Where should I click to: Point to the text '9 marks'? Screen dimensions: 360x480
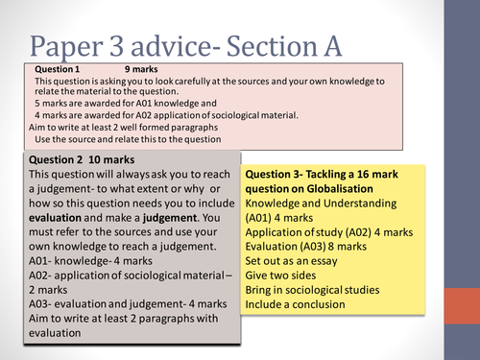click(140, 71)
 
